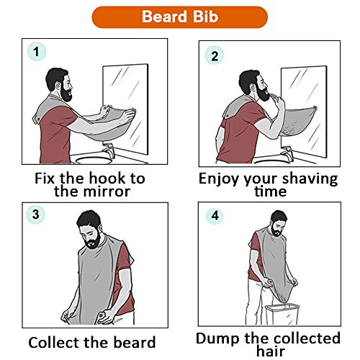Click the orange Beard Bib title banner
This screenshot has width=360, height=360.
coord(180,16)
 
